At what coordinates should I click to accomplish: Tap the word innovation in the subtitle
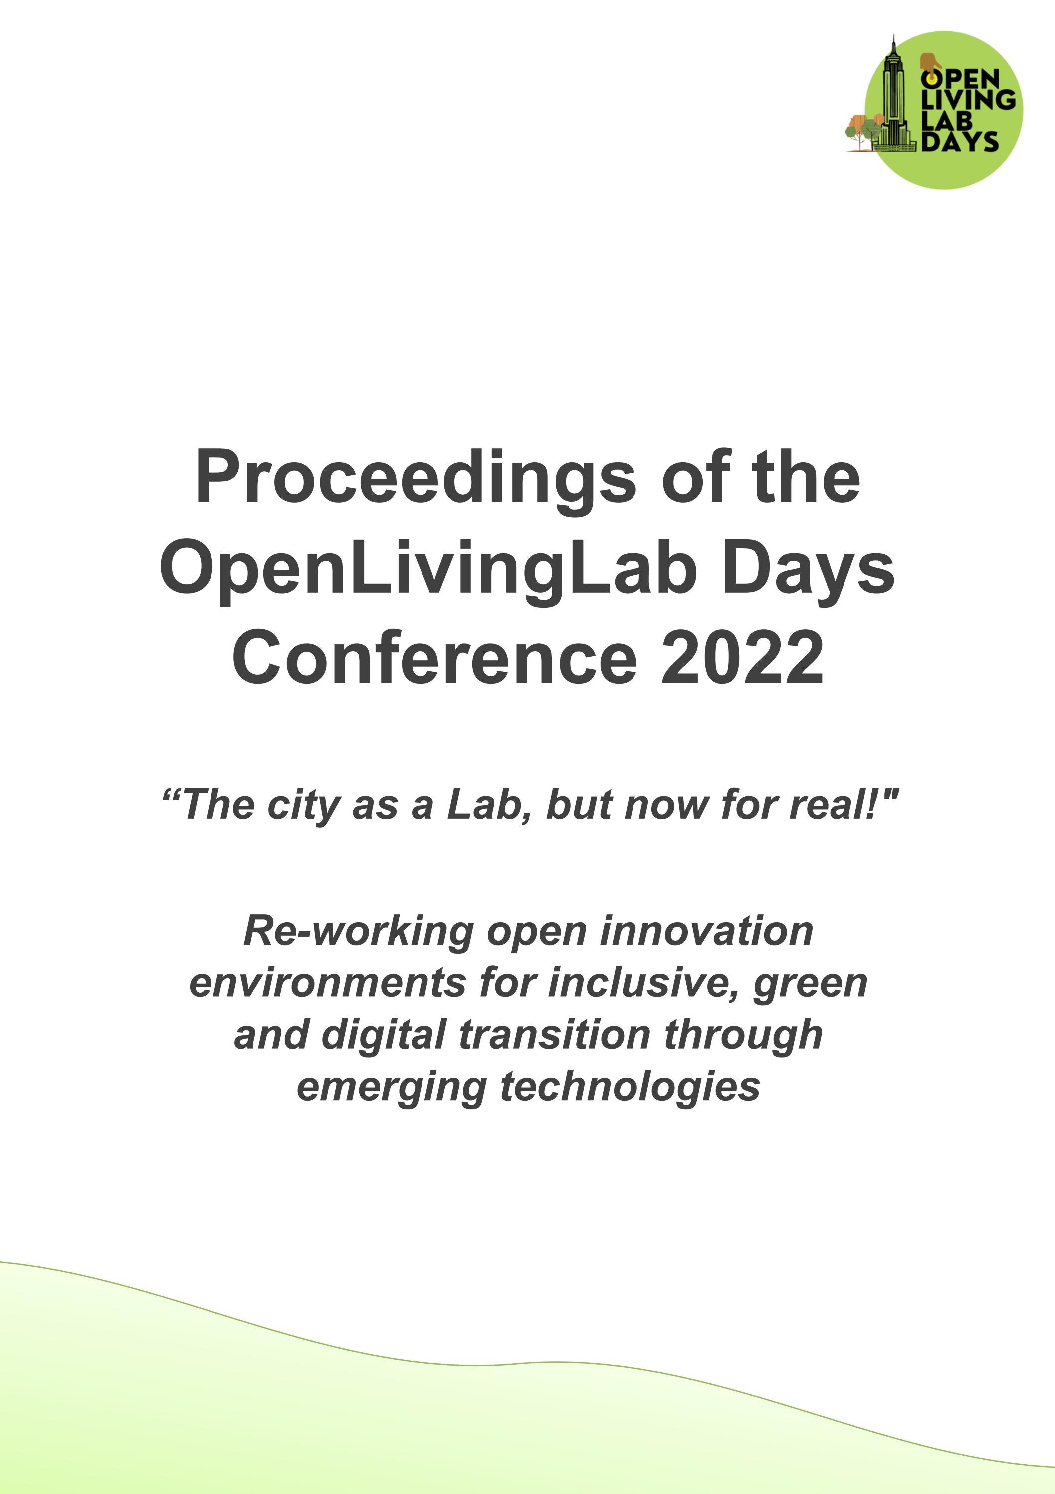click(706, 931)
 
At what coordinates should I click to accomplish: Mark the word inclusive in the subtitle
click(644, 982)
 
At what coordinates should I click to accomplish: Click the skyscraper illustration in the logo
click(894, 98)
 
